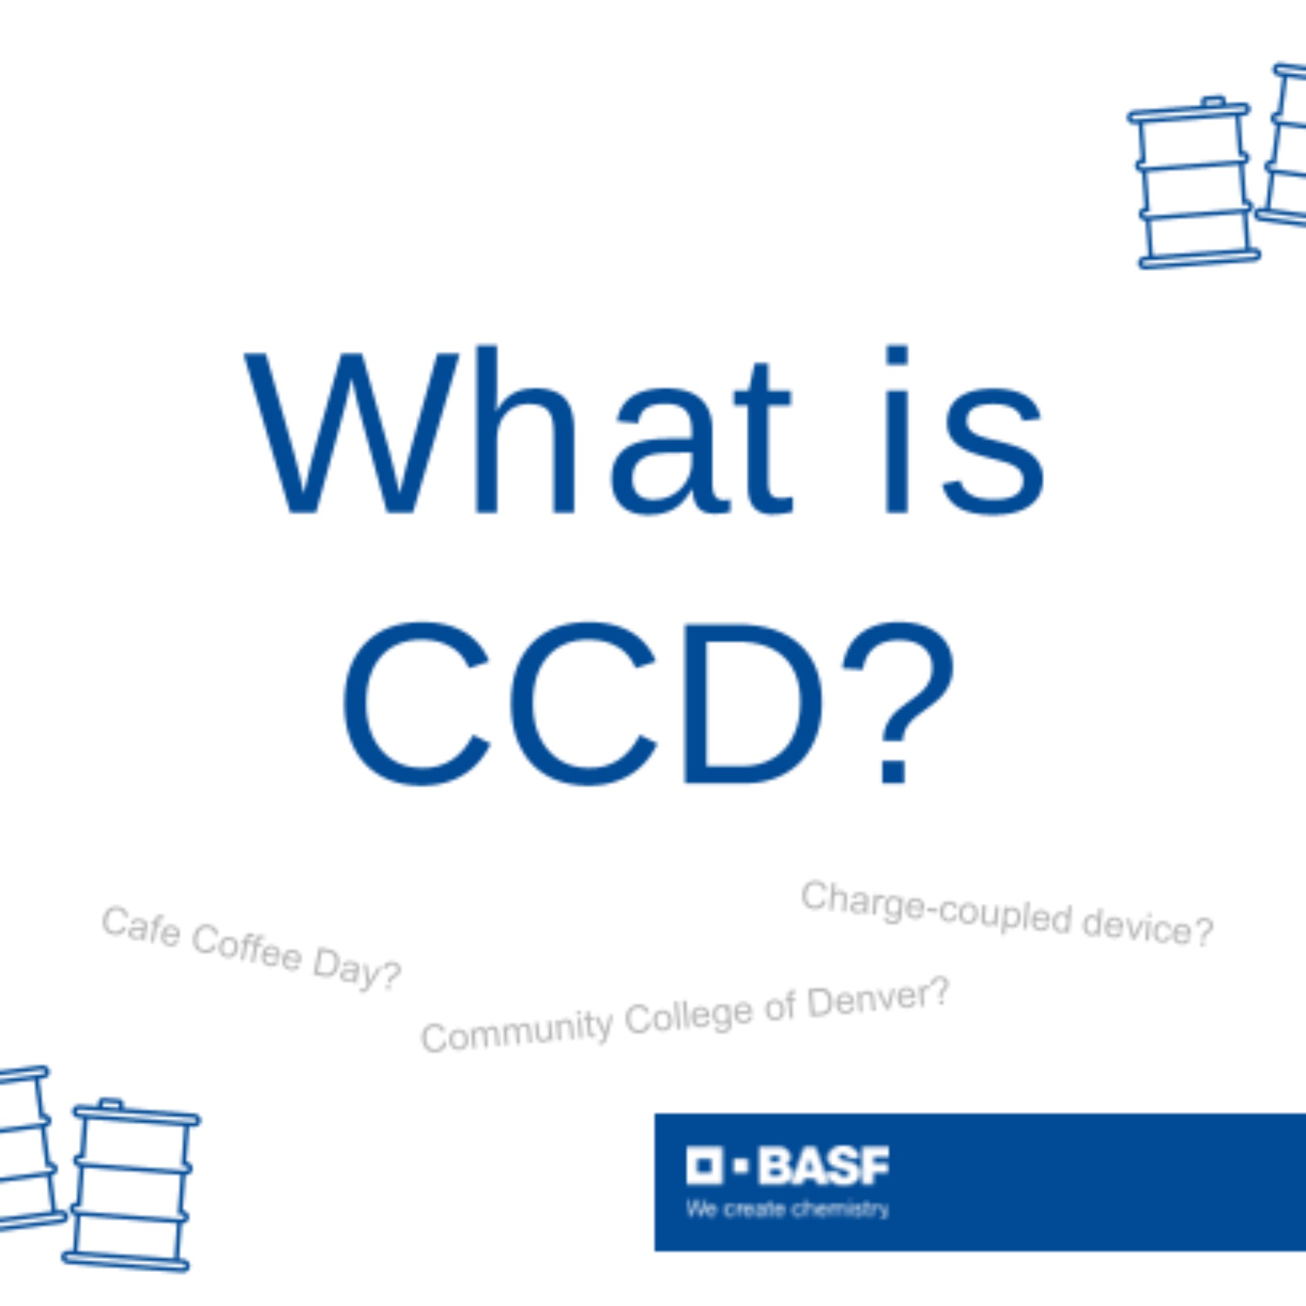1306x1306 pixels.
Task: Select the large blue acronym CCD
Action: (x=582, y=704)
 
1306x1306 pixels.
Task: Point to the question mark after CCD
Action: (x=898, y=703)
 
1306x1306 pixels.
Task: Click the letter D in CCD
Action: (x=754, y=704)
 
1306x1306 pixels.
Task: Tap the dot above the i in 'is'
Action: (x=897, y=354)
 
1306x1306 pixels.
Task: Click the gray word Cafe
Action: (x=141, y=927)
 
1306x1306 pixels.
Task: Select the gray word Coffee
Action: (x=246, y=948)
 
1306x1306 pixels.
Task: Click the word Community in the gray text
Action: (x=517, y=1032)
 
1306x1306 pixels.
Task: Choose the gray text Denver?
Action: (x=879, y=996)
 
